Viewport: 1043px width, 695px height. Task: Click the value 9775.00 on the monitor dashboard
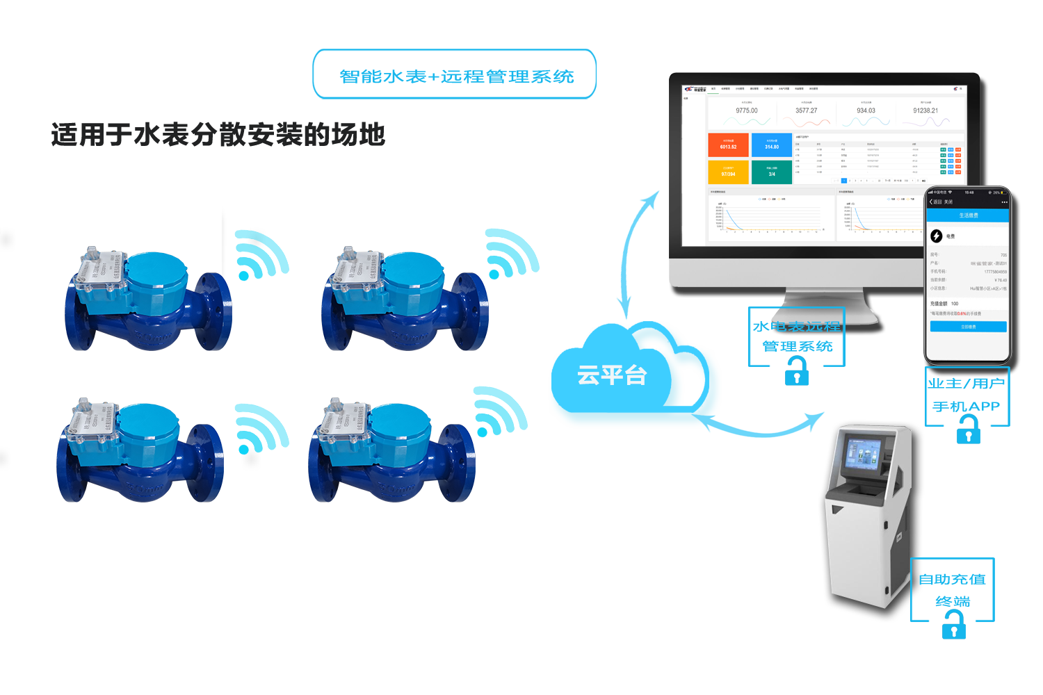747,111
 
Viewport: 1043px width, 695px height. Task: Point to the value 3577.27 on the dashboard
807,111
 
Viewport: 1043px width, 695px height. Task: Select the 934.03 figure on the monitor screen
866,111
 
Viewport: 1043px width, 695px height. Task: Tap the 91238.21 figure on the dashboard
925,111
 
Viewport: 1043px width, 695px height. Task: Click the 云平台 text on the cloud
612,375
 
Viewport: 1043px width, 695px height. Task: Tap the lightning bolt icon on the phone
937,236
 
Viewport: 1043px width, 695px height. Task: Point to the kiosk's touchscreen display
862,456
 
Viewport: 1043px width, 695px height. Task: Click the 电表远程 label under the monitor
807,326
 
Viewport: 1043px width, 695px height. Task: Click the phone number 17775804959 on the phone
995,272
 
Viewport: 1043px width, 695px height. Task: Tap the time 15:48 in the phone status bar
969,193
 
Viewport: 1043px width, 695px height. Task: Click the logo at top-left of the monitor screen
695,89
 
